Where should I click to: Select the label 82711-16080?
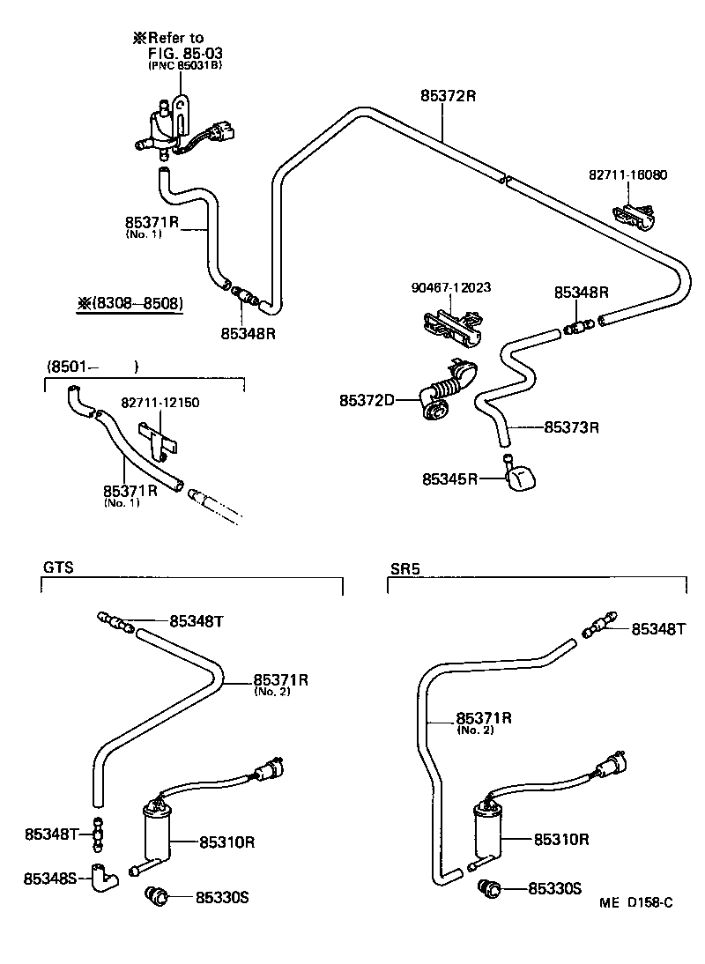(627, 174)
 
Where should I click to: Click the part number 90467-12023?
(450, 287)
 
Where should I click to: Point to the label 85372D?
(367, 401)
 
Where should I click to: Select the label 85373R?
(571, 427)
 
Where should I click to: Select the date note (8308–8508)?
(130, 304)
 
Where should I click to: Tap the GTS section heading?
(57, 568)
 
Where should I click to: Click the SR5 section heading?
(404, 568)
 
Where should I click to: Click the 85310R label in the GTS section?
(226, 842)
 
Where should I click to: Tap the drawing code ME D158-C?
(636, 902)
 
